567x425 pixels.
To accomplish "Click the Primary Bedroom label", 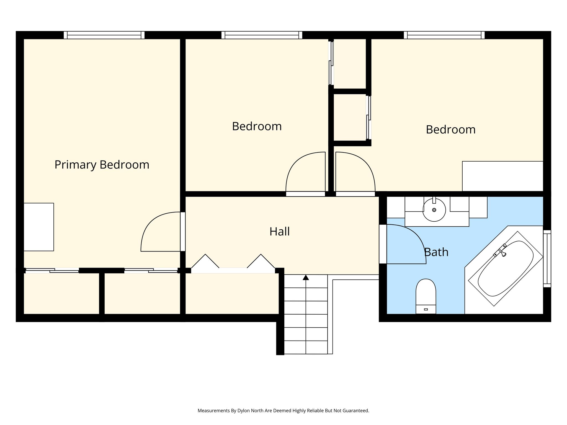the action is click(102, 165).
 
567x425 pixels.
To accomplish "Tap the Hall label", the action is click(280, 232).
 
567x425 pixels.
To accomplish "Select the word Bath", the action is click(436, 252).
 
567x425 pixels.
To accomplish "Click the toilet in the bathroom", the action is click(426, 296).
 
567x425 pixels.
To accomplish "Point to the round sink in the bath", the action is click(434, 210).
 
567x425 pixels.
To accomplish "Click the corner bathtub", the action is click(506, 269).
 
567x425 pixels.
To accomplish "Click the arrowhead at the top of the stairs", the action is click(306, 277).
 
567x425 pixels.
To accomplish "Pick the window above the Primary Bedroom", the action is click(104, 35).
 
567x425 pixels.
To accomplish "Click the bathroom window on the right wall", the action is click(547, 259).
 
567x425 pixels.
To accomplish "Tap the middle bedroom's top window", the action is click(262, 35).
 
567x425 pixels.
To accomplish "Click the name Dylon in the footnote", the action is click(244, 411).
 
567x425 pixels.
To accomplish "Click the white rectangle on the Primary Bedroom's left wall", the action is click(38, 227).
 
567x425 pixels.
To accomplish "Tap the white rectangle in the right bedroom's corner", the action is click(502, 176).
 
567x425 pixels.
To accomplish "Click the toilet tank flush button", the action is click(426, 309).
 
